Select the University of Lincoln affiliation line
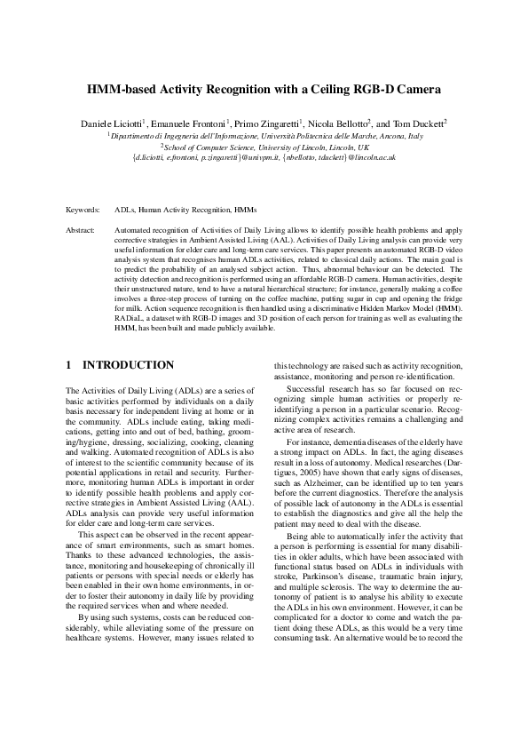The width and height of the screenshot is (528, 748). coord(264,147)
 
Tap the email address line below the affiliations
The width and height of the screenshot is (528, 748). coord(264,157)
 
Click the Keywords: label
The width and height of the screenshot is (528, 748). coord(83,211)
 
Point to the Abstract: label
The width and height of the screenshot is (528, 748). coord(82,229)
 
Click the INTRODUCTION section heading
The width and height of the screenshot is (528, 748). coord(128,365)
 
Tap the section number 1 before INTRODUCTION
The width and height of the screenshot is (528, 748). coord(69,365)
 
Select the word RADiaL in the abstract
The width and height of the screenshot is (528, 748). coord(130,319)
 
